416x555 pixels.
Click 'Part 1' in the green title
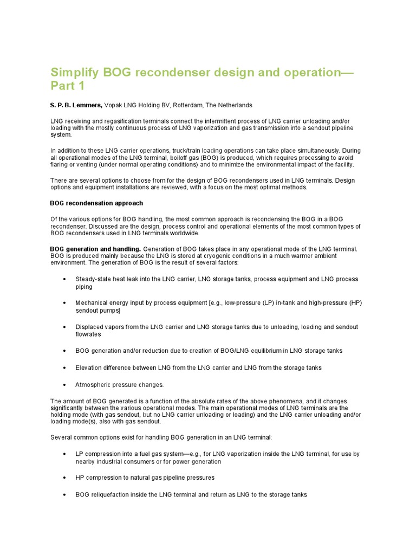(x=68, y=87)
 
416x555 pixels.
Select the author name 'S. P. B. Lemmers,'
(x=76, y=105)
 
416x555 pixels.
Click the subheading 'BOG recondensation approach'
(x=96, y=203)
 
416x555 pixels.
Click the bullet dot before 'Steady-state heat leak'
(x=64, y=279)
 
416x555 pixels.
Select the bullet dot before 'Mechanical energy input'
(x=64, y=303)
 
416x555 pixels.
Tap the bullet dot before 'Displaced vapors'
(x=64, y=327)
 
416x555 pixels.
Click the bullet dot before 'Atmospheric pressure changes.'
(x=64, y=384)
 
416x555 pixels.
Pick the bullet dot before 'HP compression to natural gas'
(x=64, y=477)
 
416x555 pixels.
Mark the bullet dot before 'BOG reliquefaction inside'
(x=64, y=494)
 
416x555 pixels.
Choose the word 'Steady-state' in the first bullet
(x=94, y=279)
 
